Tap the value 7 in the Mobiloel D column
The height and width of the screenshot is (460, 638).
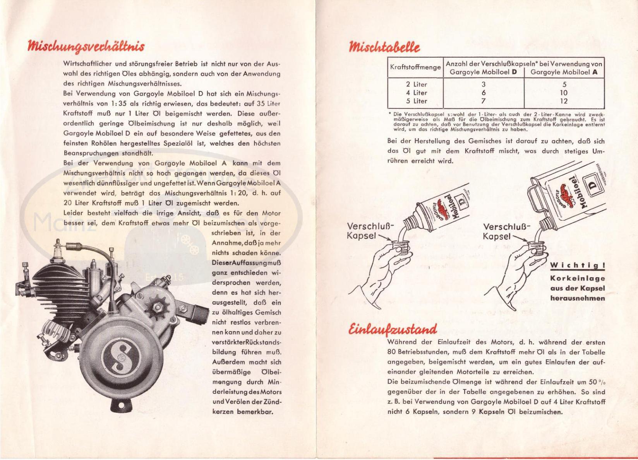pyautogui.click(x=483, y=101)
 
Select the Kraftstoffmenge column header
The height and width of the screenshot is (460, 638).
pyautogui.click(x=415, y=67)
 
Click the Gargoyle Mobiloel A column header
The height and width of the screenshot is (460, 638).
pyautogui.click(x=564, y=72)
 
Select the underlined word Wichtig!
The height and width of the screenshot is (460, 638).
pyautogui.click(x=577, y=266)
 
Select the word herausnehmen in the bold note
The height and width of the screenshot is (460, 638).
pyautogui.click(x=577, y=298)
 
